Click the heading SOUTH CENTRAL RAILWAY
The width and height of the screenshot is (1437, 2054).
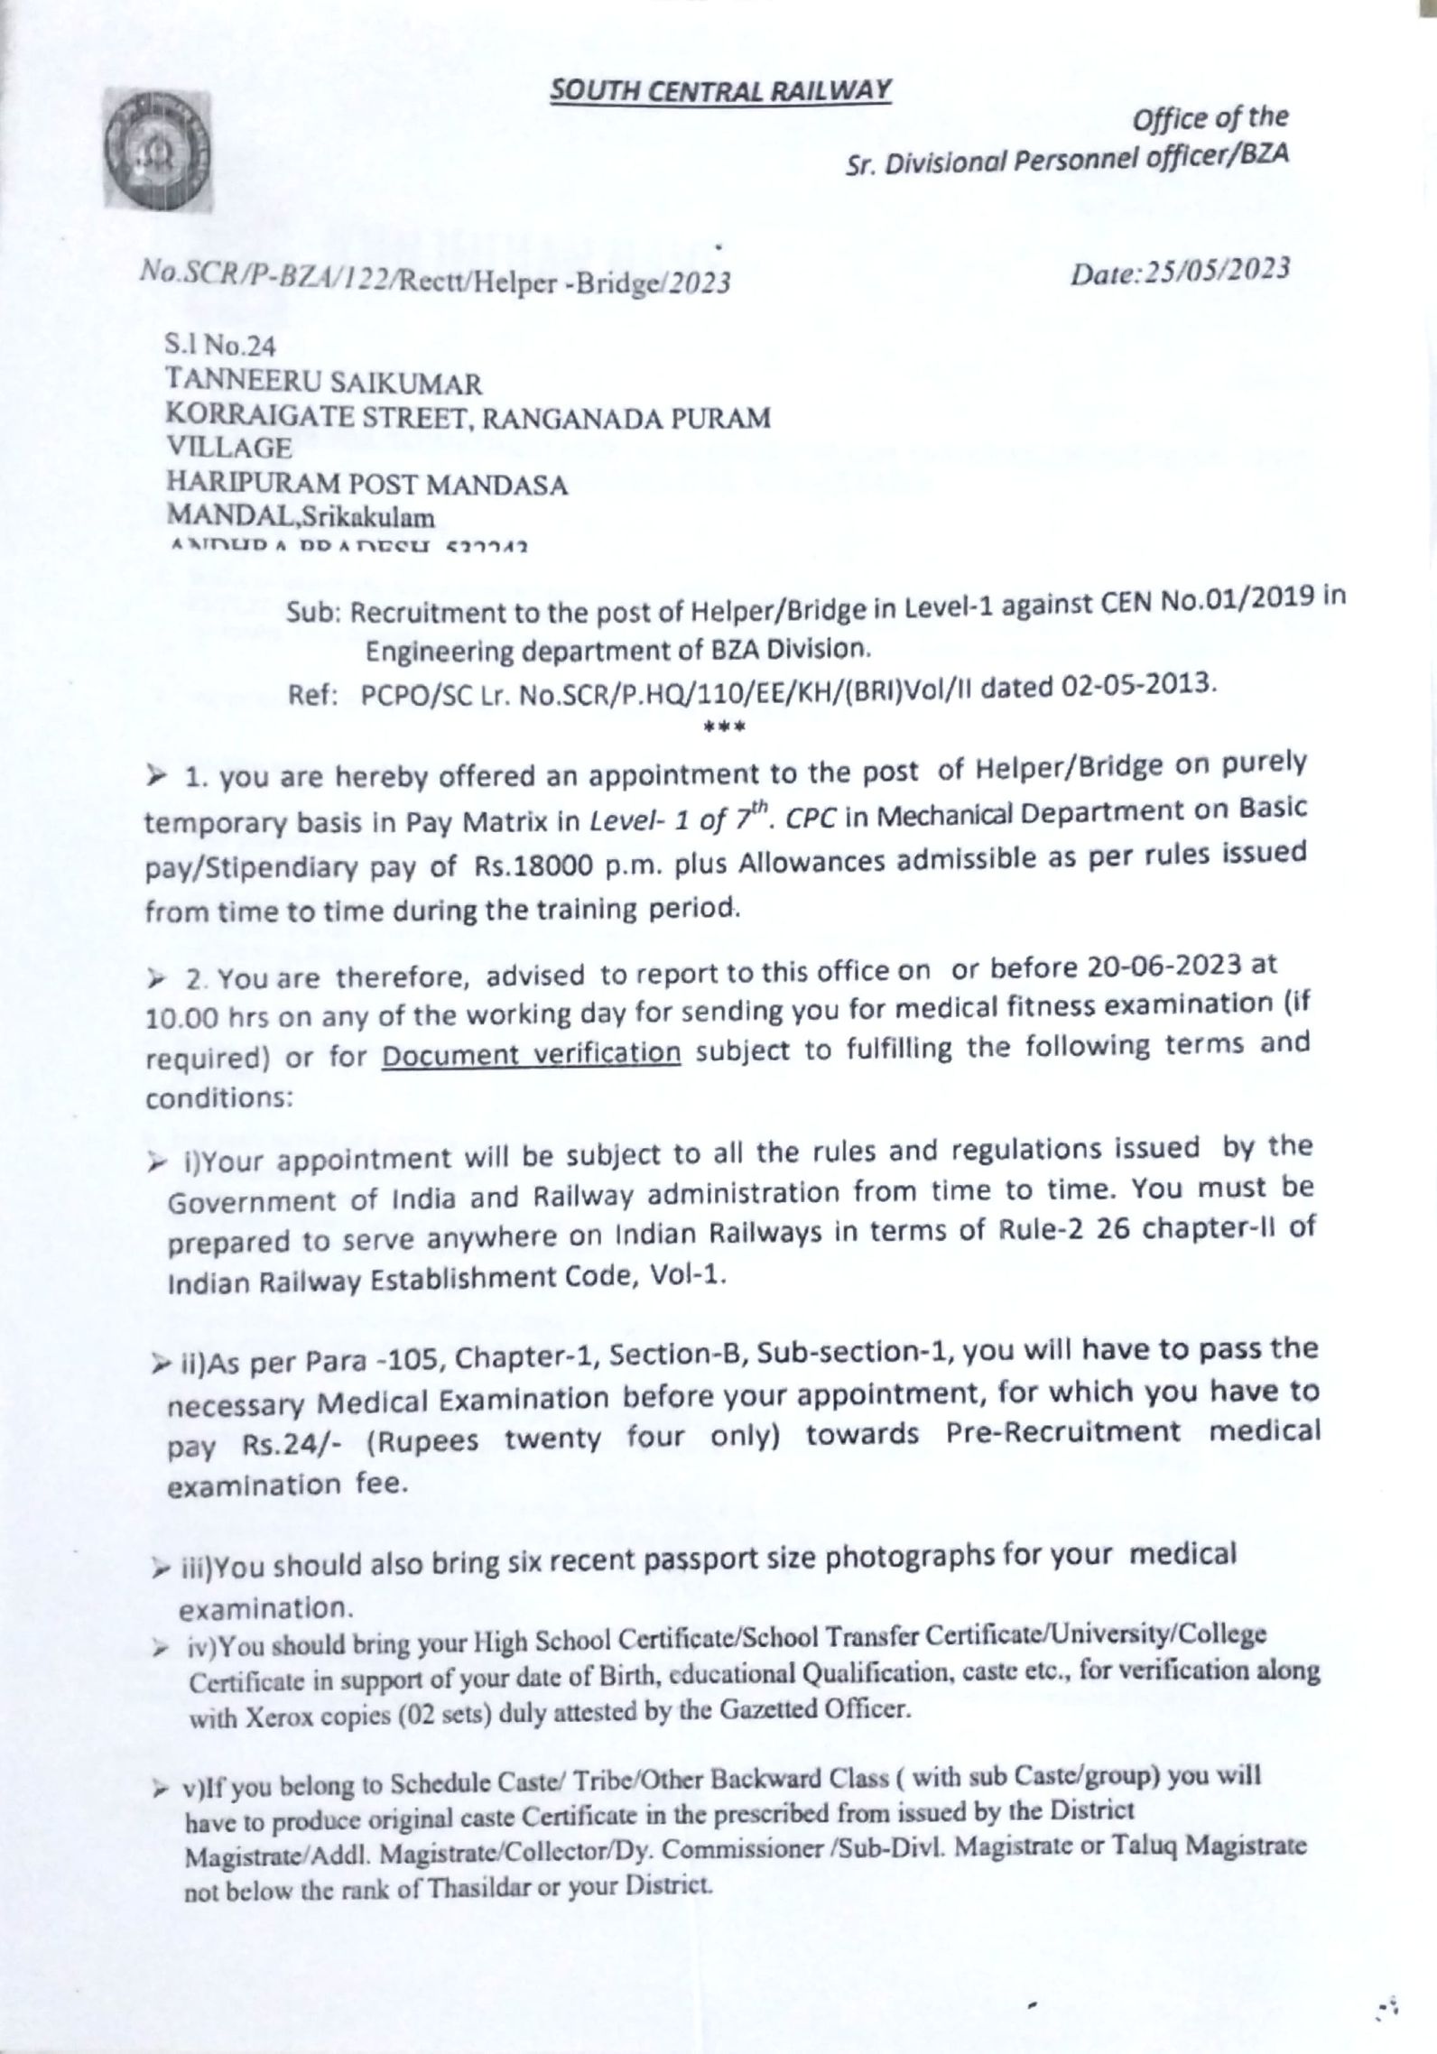pos(721,90)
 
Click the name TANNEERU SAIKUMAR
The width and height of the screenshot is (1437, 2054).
pos(323,384)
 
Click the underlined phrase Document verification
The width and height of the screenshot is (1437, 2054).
pos(531,1053)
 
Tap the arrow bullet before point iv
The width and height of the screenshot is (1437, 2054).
pos(159,1649)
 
